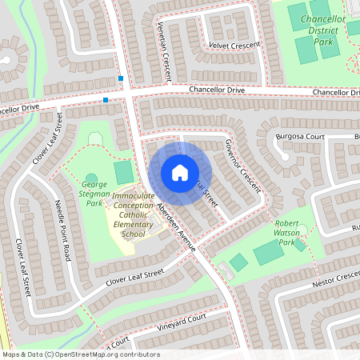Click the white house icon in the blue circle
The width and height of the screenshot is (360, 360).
tap(180, 173)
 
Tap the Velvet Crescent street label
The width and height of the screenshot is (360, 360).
tap(234, 46)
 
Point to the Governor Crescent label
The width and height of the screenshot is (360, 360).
tap(242, 165)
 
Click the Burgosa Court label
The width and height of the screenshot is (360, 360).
tap(302, 137)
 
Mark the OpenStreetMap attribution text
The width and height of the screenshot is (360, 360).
tap(81, 354)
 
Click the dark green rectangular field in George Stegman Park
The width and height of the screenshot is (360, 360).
tap(123, 171)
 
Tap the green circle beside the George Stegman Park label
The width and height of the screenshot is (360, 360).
tap(91, 178)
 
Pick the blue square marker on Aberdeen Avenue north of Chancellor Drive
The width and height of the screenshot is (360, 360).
tap(121, 78)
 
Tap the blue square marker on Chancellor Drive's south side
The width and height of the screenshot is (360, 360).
tap(106, 100)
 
